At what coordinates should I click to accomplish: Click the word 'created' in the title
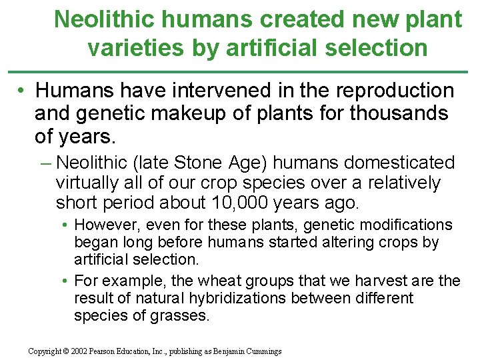tap(290, 19)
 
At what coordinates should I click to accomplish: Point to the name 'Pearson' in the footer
tap(113, 351)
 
